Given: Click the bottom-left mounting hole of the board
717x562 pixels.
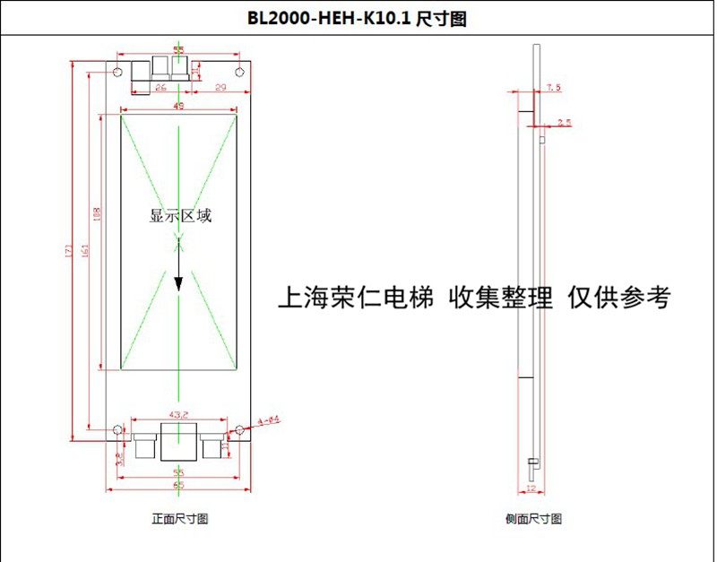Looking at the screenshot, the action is click(117, 430).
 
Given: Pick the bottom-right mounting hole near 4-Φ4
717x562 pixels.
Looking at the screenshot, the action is click(239, 430).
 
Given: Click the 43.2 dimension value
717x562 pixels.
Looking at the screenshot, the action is click(178, 414).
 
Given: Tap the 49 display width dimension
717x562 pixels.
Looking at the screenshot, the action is click(178, 107).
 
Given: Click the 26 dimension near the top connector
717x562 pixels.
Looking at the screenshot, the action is click(161, 87).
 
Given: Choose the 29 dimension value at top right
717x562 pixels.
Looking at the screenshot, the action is click(220, 87).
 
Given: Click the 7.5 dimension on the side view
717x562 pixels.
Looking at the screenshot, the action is click(553, 88).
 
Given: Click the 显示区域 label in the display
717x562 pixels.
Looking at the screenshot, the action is click(180, 216).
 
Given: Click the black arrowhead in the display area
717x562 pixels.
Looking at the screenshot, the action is click(178, 282).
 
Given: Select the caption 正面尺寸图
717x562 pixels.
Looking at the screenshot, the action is click(179, 519).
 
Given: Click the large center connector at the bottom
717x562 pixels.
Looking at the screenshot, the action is click(177, 442).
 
